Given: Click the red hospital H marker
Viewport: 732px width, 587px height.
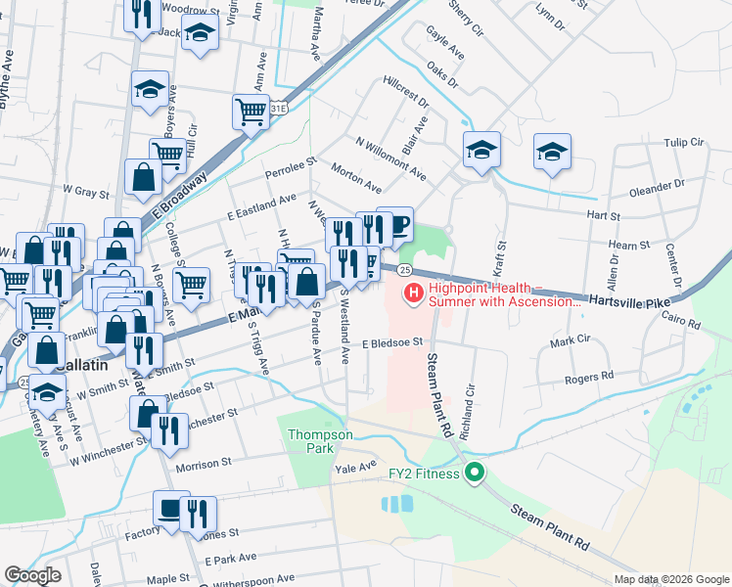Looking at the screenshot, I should tap(413, 292).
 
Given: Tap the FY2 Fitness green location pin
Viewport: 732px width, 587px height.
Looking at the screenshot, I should tap(475, 474).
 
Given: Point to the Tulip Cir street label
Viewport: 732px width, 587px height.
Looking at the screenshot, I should tap(683, 142).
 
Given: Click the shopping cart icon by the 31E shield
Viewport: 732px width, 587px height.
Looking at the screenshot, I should tap(251, 113).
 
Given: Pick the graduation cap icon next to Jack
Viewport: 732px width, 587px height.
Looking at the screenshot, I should tap(201, 33).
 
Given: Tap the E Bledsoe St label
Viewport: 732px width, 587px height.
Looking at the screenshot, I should tap(390, 343).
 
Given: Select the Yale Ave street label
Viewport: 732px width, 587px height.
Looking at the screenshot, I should tap(355, 467).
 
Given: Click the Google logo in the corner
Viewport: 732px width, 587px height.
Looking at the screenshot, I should tap(33, 575).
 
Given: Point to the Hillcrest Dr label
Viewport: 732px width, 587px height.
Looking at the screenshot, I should tap(406, 89).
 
